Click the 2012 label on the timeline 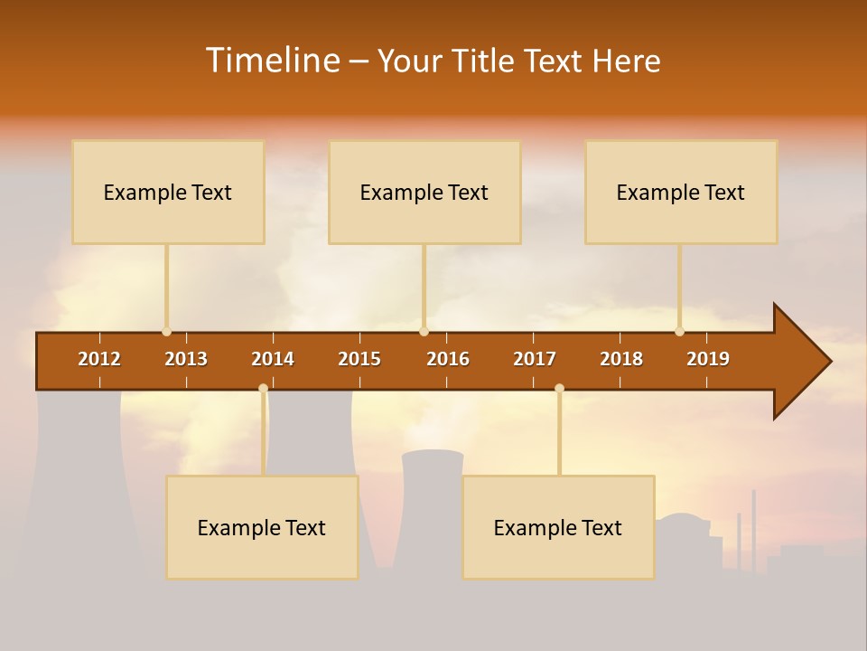click(99, 359)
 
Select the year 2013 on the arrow click(186, 359)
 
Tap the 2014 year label click(273, 359)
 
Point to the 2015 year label click(359, 359)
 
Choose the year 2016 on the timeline click(448, 359)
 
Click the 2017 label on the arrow click(535, 359)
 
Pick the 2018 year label click(621, 359)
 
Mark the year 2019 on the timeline click(708, 359)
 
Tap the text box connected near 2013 click(168, 192)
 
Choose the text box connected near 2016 click(424, 192)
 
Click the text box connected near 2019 click(681, 192)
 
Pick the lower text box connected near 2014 click(262, 527)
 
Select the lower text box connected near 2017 click(558, 527)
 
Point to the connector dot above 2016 click(424, 332)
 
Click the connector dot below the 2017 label click(559, 389)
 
